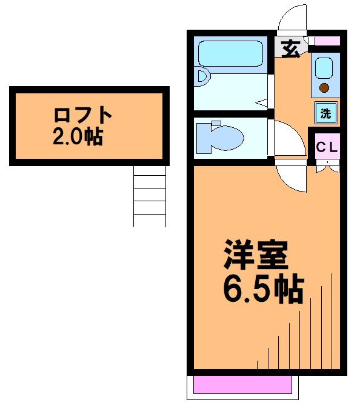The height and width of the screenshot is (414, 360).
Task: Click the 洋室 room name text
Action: [x=255, y=257]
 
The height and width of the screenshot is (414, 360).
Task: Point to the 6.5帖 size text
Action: [x=262, y=290]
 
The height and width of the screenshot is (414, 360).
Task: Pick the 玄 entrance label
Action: [x=290, y=49]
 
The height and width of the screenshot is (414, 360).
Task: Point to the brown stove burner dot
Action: [x=324, y=88]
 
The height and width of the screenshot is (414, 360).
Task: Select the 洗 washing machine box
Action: [x=325, y=112]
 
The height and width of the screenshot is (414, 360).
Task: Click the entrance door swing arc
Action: [x=291, y=18]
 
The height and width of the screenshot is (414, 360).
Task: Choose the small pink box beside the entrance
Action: [x=327, y=41]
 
